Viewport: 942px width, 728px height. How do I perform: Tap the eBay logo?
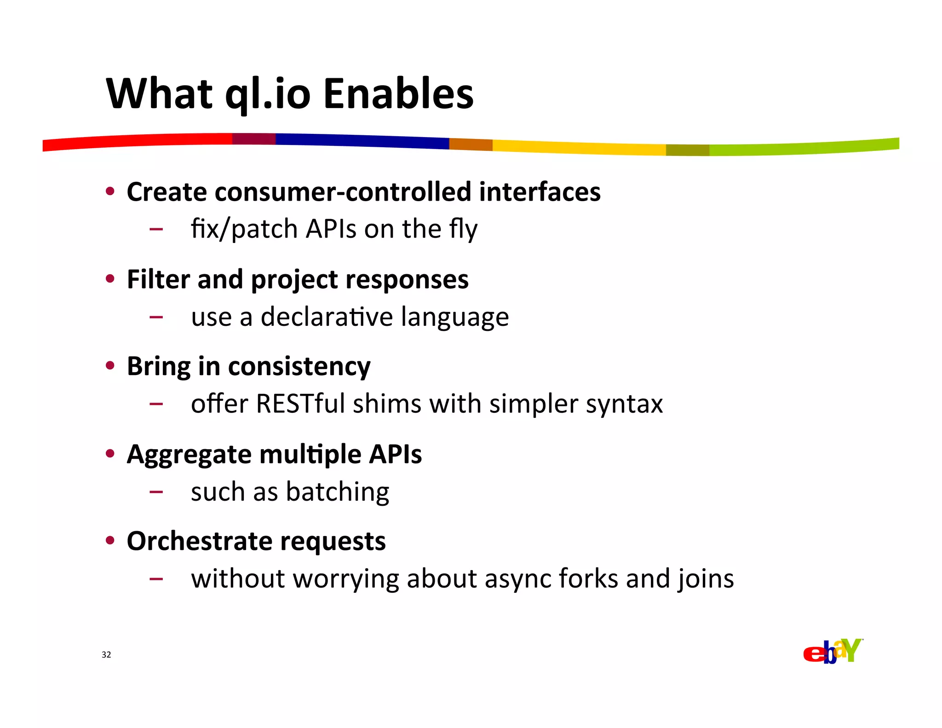pos(833,651)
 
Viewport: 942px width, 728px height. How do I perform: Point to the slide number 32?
pos(106,655)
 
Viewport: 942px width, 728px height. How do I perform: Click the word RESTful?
pos(300,404)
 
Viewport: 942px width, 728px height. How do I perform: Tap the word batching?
pos(338,492)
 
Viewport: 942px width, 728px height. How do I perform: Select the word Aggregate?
pos(189,455)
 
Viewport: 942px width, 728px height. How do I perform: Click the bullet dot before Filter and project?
pos(110,278)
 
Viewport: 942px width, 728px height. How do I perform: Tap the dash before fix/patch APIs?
pos(156,229)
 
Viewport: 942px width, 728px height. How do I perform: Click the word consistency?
pos(299,367)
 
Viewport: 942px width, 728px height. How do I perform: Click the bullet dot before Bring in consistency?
pos(110,366)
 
